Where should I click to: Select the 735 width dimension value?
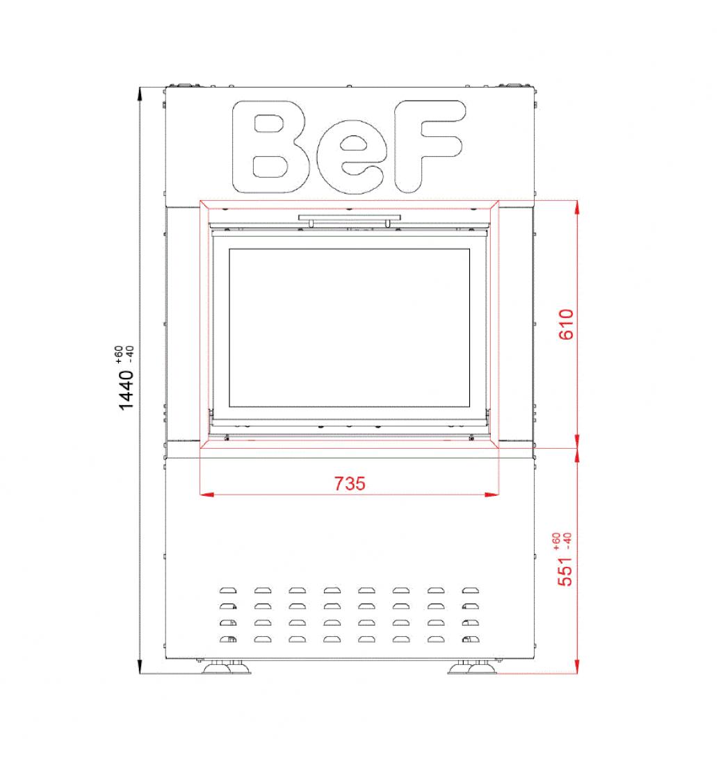[x=350, y=483]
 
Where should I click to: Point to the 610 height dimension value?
[x=566, y=324]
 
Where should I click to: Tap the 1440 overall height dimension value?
[x=126, y=390]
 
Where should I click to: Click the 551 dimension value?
[x=565, y=572]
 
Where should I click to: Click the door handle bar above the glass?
[x=350, y=218]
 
